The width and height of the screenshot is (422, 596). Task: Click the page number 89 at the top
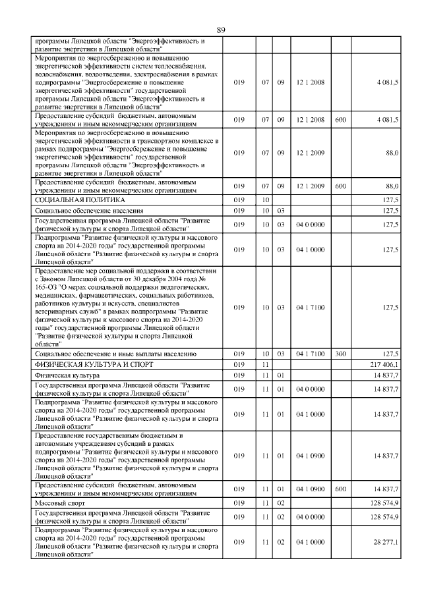221,30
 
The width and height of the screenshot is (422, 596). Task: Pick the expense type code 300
340,354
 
